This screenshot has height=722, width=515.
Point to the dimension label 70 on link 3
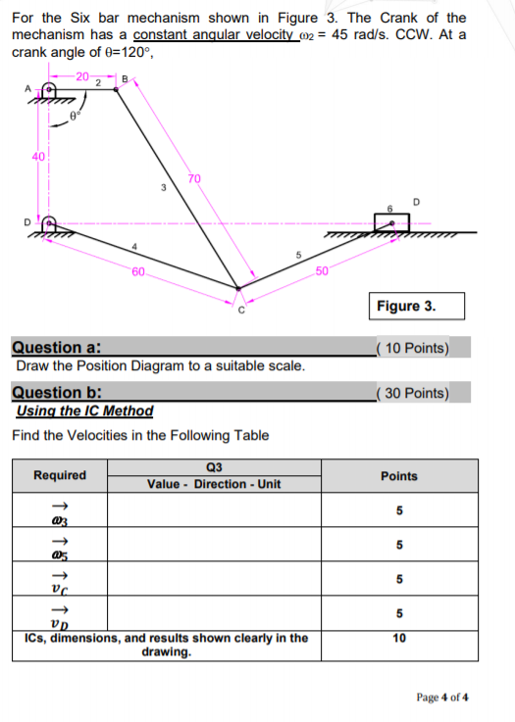click(x=194, y=178)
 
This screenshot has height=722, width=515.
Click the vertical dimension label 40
click(x=38, y=160)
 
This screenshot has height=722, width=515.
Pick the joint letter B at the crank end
click(x=124, y=77)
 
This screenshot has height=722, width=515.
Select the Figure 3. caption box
click(x=405, y=306)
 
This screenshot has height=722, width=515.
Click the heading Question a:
click(x=58, y=347)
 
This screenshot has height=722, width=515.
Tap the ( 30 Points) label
click(x=412, y=394)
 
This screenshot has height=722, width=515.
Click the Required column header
click(x=60, y=475)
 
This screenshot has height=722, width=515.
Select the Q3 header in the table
click(x=214, y=466)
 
